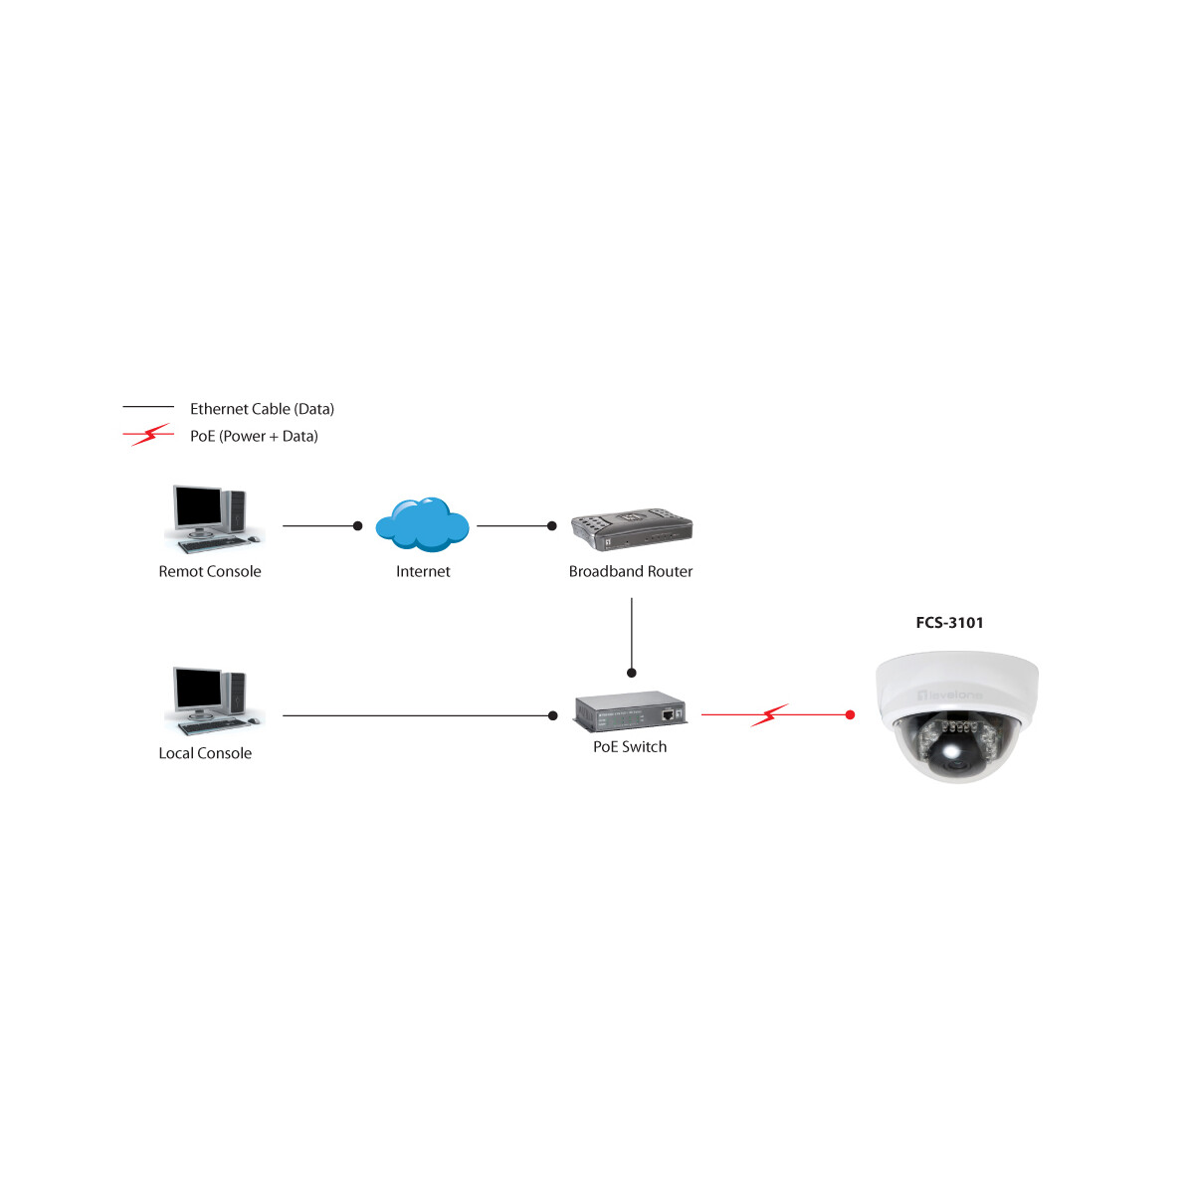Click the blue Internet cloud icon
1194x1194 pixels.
click(x=422, y=524)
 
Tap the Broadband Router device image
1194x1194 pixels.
click(x=632, y=529)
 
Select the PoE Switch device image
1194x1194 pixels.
click(x=630, y=710)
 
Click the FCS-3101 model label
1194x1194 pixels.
click(x=949, y=623)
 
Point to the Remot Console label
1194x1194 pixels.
click(x=209, y=571)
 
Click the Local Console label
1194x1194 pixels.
click(x=205, y=753)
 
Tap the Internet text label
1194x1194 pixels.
click(x=423, y=571)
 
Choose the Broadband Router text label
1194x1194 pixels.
click(x=630, y=571)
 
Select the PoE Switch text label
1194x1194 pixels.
click(x=630, y=746)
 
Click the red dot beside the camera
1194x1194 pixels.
click(x=850, y=714)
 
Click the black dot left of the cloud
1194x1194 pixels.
click(x=357, y=525)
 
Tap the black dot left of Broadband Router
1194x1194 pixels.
click(x=552, y=525)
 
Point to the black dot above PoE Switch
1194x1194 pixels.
click(x=632, y=673)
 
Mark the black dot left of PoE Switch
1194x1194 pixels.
click(x=553, y=715)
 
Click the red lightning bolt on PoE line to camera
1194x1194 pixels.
click(x=769, y=715)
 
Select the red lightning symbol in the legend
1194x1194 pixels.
click(x=149, y=435)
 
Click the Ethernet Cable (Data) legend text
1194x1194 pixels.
click(x=262, y=409)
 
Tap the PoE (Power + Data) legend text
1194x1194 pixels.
click(x=254, y=436)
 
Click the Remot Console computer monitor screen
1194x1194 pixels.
click(x=198, y=506)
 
